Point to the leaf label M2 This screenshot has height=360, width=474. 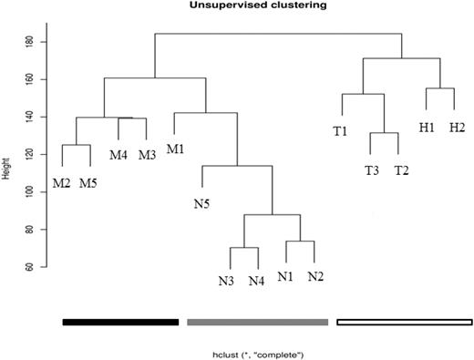click(62, 183)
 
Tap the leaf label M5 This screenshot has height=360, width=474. click(88, 183)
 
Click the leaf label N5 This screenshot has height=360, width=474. click(202, 203)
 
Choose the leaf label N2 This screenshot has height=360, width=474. click(316, 276)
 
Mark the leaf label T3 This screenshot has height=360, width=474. click(371, 170)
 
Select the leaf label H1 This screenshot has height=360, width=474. click(427, 127)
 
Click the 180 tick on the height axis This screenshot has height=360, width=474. click(30, 42)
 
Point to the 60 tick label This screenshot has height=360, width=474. click(30, 267)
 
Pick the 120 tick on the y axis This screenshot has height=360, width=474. click(30, 154)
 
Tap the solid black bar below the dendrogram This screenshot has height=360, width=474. click(119, 322)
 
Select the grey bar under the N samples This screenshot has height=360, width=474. click(257, 322)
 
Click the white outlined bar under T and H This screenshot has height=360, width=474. click(404, 322)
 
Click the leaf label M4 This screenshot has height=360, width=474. click(118, 155)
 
